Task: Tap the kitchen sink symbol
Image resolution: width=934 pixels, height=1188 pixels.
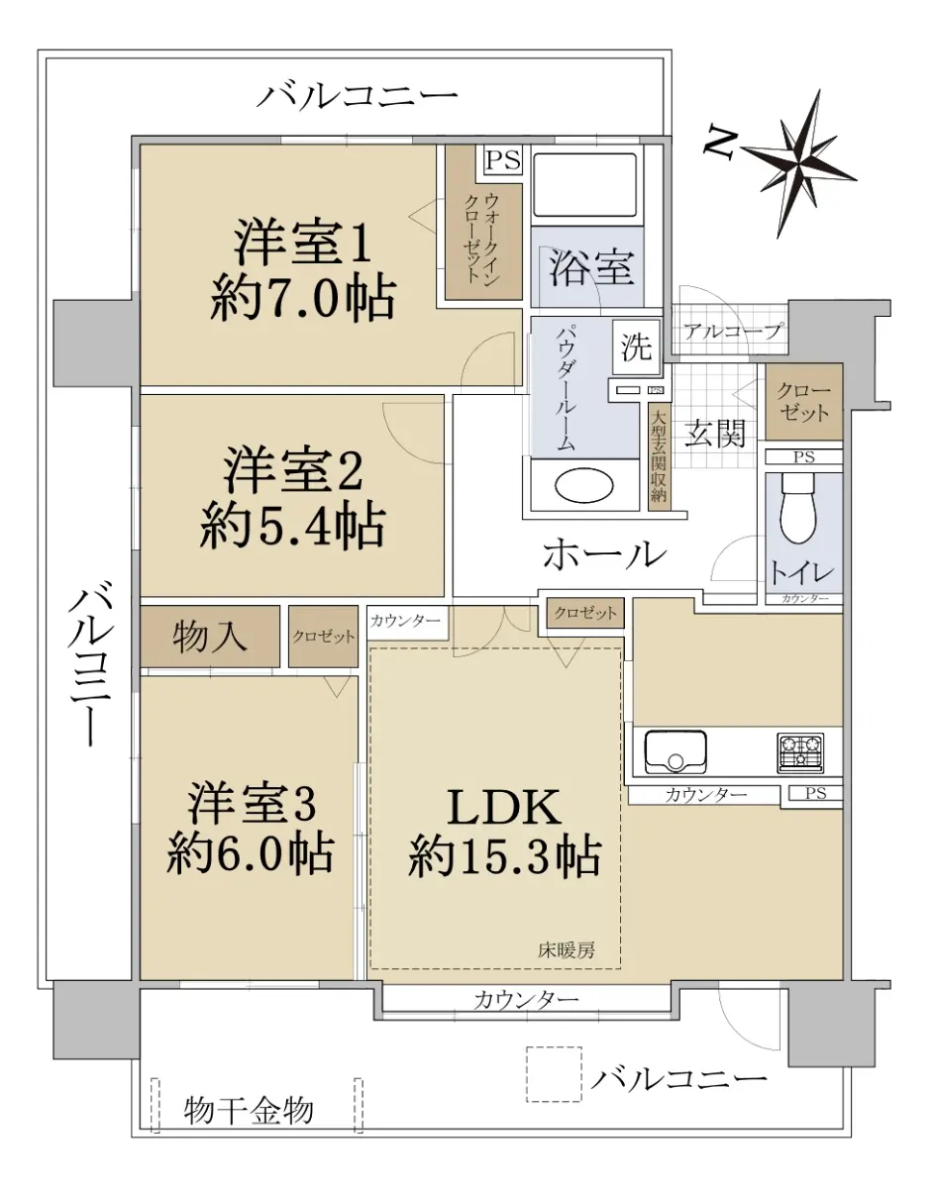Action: [x=675, y=751]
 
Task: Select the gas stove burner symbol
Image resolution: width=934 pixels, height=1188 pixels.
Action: [x=800, y=752]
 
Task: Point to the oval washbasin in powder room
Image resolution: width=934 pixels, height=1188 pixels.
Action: [x=584, y=485]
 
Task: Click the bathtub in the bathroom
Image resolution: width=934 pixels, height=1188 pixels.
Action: [x=585, y=185]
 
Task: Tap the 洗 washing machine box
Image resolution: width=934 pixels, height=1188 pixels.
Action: [x=637, y=346]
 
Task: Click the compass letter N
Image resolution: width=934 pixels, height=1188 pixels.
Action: [x=720, y=145]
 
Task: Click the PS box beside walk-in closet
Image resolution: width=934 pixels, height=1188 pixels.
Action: [x=503, y=159]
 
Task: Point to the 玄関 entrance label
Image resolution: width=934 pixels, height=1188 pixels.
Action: [x=715, y=434]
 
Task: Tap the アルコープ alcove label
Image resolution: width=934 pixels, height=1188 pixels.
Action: [x=733, y=332]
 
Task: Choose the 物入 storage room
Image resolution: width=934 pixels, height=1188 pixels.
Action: [x=210, y=636]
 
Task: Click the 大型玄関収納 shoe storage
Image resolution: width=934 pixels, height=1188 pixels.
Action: [x=659, y=457]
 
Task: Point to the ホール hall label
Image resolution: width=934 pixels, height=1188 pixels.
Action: [x=604, y=554]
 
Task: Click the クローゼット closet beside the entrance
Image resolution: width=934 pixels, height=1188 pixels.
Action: [x=803, y=401]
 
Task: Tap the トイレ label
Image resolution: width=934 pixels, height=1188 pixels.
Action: [x=801, y=572]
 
